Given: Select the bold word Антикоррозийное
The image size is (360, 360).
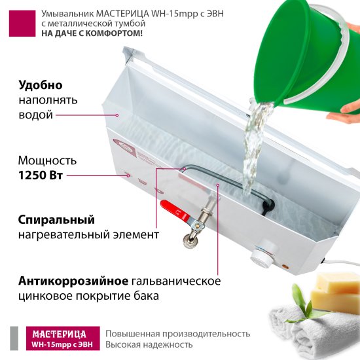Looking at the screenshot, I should [73, 281].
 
